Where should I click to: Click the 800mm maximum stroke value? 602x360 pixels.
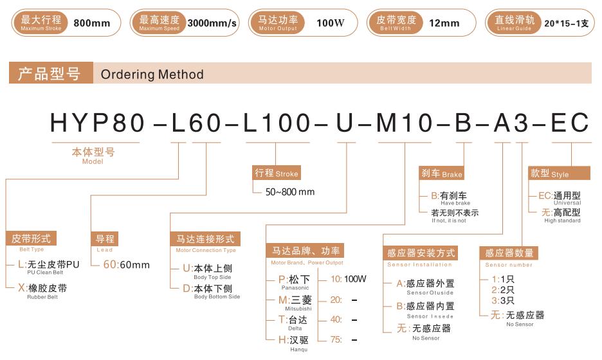pyautogui.click(x=92, y=23)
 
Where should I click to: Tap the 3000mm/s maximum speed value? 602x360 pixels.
pyautogui.click(x=212, y=23)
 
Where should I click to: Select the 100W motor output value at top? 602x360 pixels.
pyautogui.click(x=330, y=23)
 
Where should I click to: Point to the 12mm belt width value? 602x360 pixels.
pyautogui.click(x=444, y=23)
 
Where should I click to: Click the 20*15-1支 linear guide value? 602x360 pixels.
pyautogui.click(x=566, y=23)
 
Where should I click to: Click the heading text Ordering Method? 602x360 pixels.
pyautogui.click(x=152, y=74)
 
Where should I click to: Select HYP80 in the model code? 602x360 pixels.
pyautogui.click(x=98, y=123)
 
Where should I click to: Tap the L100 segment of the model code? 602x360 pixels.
pyautogui.click(x=277, y=123)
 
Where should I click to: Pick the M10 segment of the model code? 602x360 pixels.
pyautogui.click(x=405, y=123)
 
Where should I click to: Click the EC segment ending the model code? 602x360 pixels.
pyautogui.click(x=570, y=123)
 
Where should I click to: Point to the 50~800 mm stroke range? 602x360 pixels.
pyautogui.click(x=290, y=192)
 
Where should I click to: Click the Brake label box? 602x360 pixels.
pyautogui.click(x=441, y=173)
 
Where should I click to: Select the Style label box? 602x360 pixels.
pyautogui.click(x=559, y=173)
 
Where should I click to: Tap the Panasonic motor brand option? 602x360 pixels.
pyautogui.click(x=294, y=282)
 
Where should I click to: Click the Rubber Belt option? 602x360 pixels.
pyautogui.click(x=42, y=291)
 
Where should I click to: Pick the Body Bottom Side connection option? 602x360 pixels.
pyautogui.click(x=211, y=291)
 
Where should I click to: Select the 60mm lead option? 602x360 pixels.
pyautogui.click(x=126, y=264)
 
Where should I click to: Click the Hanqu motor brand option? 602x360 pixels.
pyautogui.click(x=294, y=343)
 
